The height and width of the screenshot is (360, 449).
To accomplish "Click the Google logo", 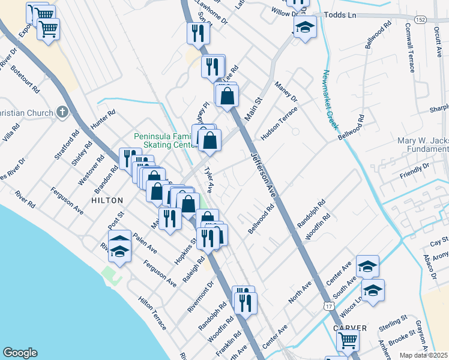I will pos(20,353).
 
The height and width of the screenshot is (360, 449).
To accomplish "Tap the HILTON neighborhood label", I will pos(107,200).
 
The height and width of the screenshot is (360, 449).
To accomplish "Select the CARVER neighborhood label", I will pos(351,328).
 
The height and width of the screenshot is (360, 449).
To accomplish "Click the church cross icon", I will pos(62,112).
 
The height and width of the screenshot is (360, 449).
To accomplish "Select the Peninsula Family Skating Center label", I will pos(165,140).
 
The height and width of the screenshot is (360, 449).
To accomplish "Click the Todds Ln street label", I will pos(340,14).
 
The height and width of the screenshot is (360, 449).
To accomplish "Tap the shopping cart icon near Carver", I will pos(348,340).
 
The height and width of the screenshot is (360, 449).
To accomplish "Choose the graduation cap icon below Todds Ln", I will pos(306,27).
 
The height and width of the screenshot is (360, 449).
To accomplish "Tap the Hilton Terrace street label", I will pos(152,313).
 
